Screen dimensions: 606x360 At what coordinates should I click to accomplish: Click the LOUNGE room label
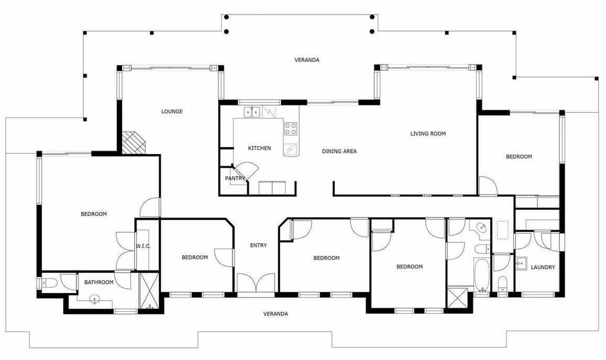tap(172, 112)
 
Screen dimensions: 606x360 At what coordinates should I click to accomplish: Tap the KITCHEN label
tap(259, 148)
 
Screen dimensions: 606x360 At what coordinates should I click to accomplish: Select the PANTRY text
tap(235, 178)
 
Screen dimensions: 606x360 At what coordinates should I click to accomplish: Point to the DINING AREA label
tap(339, 151)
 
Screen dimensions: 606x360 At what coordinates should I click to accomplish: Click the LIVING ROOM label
tap(428, 134)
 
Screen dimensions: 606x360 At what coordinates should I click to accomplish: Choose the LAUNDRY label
tap(543, 267)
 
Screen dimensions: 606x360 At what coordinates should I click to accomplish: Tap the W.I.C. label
tap(143, 246)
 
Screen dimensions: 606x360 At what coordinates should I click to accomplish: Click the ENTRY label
tap(259, 245)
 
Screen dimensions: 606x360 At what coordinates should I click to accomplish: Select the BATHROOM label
tap(99, 282)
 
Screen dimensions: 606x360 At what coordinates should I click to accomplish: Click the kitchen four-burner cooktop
tap(291, 129)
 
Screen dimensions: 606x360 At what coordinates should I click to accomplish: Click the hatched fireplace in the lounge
tap(134, 143)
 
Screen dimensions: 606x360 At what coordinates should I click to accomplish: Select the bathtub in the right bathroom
tap(481, 275)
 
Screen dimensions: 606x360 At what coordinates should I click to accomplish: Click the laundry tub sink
tap(521, 265)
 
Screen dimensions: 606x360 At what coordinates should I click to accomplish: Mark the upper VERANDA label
tap(307, 60)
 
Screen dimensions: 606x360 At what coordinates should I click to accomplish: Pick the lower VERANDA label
tap(276, 314)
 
